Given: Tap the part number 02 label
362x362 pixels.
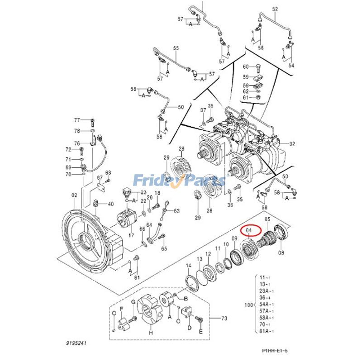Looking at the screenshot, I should point(74,195).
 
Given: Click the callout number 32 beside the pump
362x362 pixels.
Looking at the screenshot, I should point(292,144).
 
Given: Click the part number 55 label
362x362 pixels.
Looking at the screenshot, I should point(176,48).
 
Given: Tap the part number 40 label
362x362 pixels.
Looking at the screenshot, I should point(110,204).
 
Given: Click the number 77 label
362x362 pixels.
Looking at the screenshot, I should point(77,120).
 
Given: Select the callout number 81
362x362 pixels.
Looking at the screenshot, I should point(137,278).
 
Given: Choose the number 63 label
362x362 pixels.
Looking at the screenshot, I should point(176,211).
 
